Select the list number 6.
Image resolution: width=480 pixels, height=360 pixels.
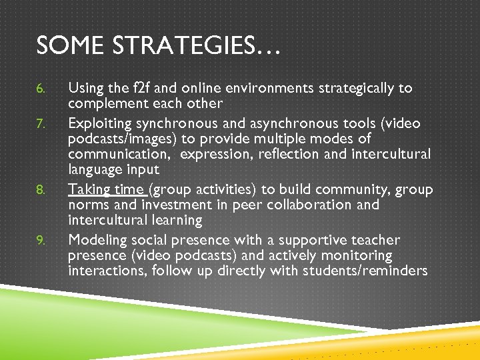tap(41, 89)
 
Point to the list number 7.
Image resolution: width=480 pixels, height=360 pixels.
tap(41, 124)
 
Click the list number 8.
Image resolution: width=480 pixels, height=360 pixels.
tap(41, 190)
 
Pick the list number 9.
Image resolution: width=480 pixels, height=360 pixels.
tap(41, 241)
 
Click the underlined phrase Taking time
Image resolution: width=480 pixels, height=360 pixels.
tap(106, 189)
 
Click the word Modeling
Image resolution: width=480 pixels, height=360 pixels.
tap(98, 240)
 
